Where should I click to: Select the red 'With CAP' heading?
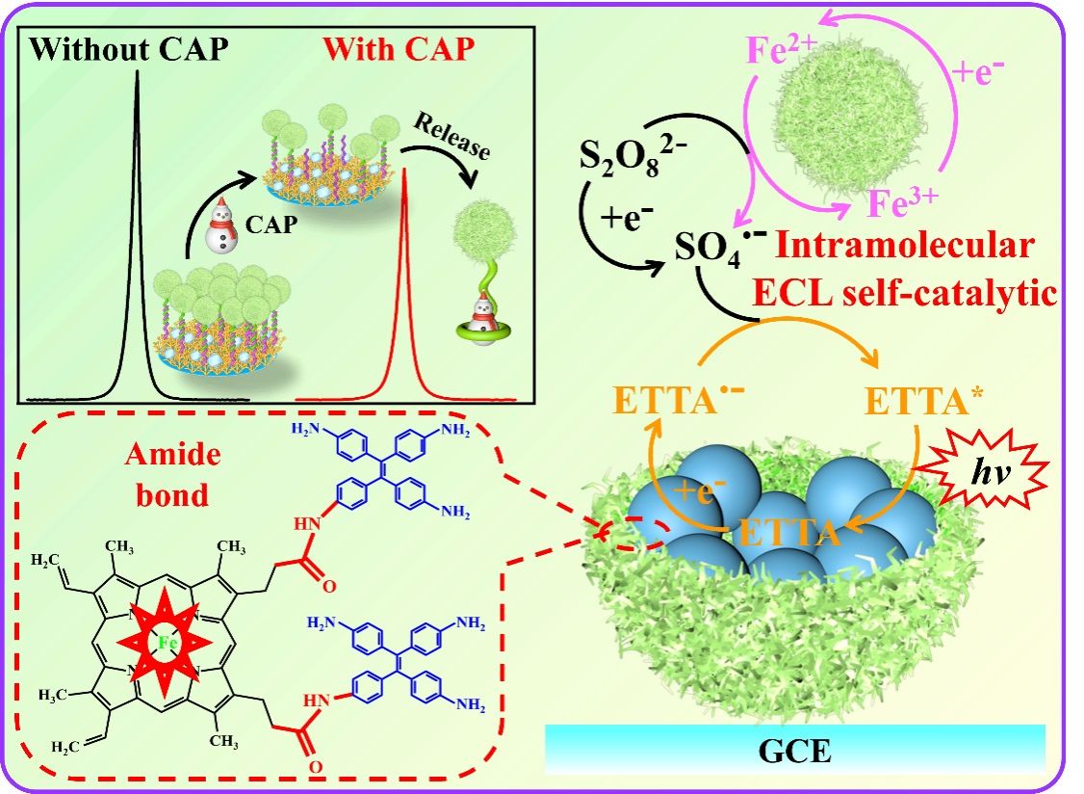tap(399, 49)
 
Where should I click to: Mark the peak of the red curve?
tap(405, 172)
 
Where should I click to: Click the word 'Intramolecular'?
tap(905, 246)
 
